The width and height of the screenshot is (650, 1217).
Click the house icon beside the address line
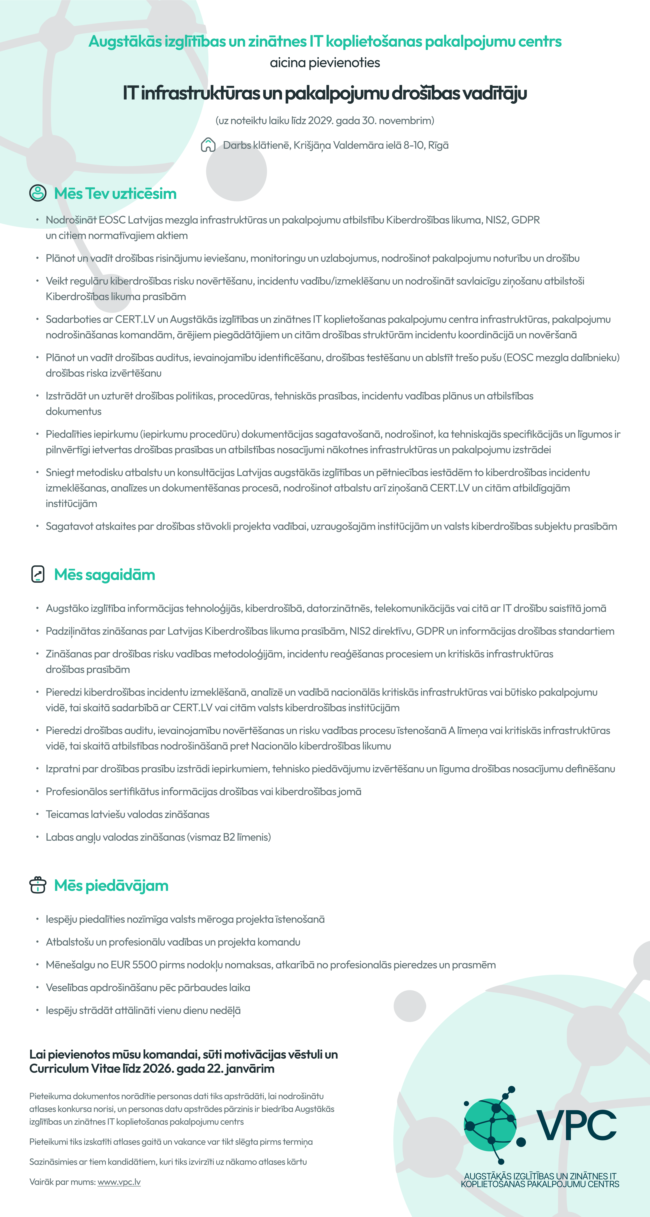[208, 145]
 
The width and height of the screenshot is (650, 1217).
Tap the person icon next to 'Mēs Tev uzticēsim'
[38, 193]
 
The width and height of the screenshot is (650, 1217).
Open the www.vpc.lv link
[119, 1182]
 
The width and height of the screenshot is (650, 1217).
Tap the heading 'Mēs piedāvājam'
[111, 885]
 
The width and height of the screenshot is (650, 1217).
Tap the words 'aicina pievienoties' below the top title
[325, 63]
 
